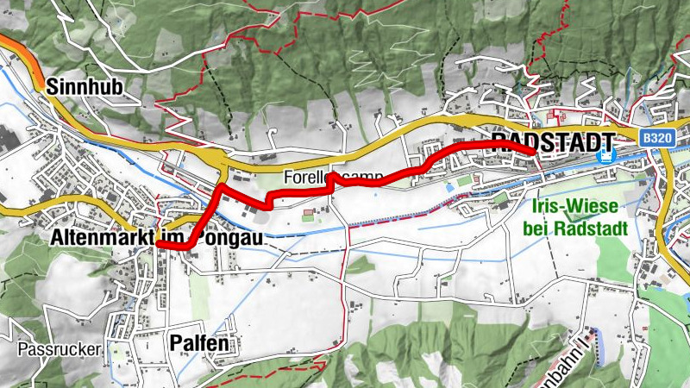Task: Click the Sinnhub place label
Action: pos(83,86)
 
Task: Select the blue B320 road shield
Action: pos(657,137)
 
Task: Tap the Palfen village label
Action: pos(199,343)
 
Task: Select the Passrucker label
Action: pos(58,350)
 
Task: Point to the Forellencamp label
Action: pos(332,177)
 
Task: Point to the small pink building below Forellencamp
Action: pos(308,216)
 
